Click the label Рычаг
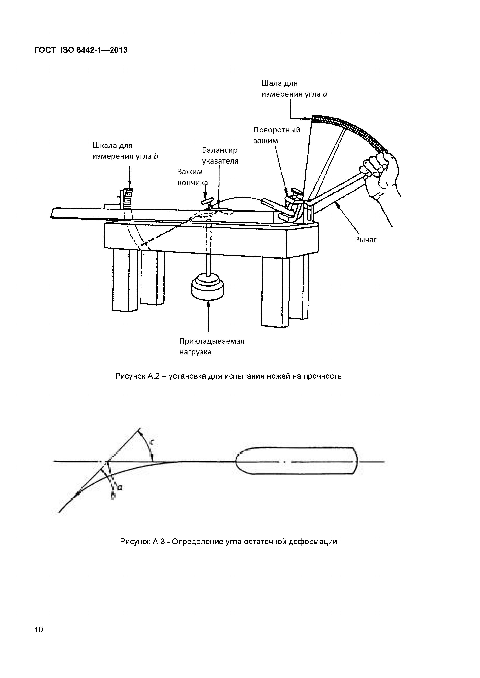(x=366, y=240)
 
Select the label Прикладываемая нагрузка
(x=212, y=346)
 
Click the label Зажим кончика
(x=192, y=177)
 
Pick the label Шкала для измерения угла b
(x=125, y=151)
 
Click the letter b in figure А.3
(x=113, y=496)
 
